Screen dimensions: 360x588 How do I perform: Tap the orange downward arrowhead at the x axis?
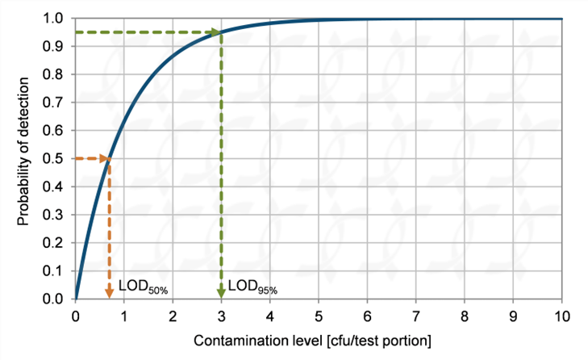pyautogui.click(x=109, y=293)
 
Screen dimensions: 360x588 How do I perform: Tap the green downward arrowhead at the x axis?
pyautogui.click(x=220, y=293)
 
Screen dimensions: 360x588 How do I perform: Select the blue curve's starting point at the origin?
pyautogui.click(x=75, y=298)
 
